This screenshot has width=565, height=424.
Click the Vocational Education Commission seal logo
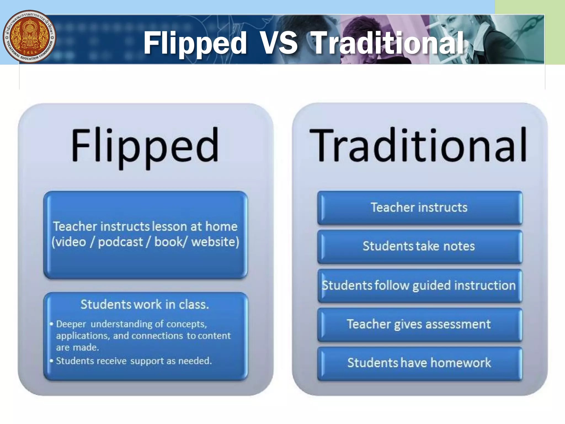[x=30, y=36]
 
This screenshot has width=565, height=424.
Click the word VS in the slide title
[x=279, y=43]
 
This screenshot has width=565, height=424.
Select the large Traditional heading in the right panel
[x=418, y=145]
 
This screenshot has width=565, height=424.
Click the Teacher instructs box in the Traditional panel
[x=419, y=208]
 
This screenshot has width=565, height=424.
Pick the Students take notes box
[x=419, y=247]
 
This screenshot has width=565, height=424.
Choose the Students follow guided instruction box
[x=419, y=286]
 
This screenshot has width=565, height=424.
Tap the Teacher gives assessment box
[x=419, y=325]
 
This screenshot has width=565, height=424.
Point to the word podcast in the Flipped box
[x=121, y=242]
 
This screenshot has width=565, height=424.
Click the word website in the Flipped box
[x=215, y=242]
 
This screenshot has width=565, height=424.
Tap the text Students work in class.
[x=145, y=304]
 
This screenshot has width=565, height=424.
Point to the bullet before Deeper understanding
[x=51, y=324]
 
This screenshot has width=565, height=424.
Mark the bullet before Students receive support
[x=51, y=361]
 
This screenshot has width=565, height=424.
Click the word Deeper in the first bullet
[x=71, y=324]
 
